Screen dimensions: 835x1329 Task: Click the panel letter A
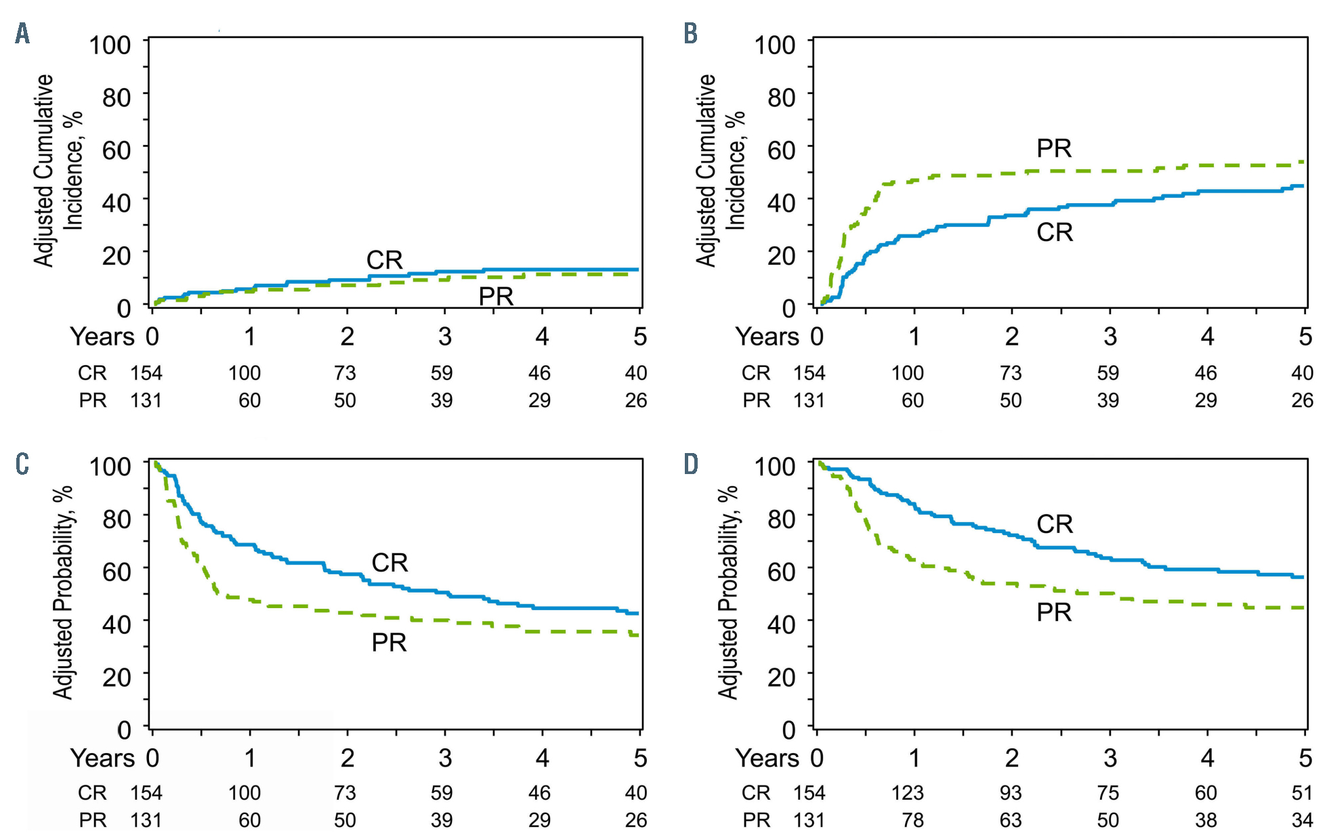coord(22,33)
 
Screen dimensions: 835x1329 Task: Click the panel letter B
coord(690,33)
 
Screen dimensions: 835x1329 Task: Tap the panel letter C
coord(22,465)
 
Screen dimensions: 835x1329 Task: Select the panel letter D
coord(690,465)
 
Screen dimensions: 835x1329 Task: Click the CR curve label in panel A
coord(384,259)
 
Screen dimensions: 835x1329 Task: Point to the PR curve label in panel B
coord(1054,148)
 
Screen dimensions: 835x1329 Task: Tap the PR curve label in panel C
coord(389,643)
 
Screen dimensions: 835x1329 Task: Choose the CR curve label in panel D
coord(1055,524)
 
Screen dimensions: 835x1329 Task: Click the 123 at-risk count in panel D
coord(907,793)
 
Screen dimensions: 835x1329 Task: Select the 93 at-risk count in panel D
coord(1010,793)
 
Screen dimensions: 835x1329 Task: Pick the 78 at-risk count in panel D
coord(912,821)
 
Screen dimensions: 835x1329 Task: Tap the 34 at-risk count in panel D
coord(1302,821)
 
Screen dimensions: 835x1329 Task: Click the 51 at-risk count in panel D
coord(1302,793)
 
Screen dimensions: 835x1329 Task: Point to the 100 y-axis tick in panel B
coord(775,45)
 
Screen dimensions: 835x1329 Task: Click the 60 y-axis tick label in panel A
coord(117,150)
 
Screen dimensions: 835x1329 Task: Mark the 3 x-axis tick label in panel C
coord(444,758)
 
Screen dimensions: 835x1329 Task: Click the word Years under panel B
coord(767,337)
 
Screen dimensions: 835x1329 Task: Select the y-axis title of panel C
coord(62,593)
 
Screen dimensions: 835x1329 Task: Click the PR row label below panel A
coord(93,401)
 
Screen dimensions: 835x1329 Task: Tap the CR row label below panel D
coord(756,793)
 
